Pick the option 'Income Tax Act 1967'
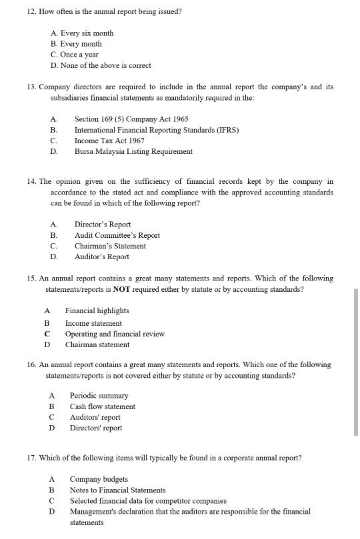[109, 141]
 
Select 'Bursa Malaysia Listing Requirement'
[133, 151]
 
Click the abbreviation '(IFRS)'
[227, 130]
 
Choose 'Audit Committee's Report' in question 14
[117, 235]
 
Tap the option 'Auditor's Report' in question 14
[101, 257]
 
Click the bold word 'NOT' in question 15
[122, 290]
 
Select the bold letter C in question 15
[47, 334]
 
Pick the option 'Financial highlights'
[97, 311]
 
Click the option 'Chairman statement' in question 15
[97, 344]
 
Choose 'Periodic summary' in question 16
[99, 396]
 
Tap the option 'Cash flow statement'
[102, 406]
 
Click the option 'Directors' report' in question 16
[96, 428]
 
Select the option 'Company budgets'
[99, 479]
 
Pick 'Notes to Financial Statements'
[117, 490]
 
